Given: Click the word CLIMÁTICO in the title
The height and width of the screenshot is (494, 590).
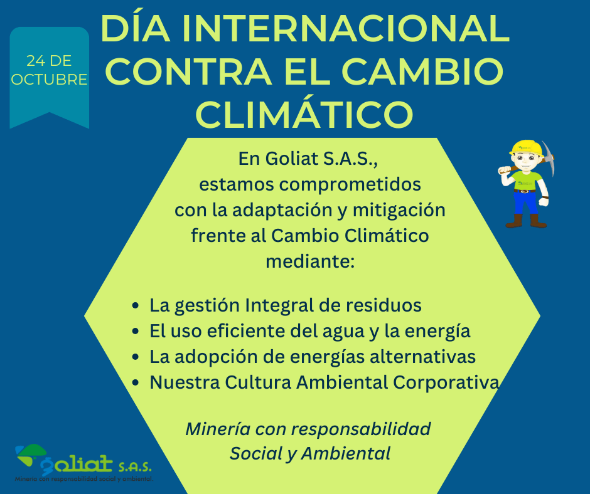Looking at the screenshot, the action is pyautogui.click(x=304, y=114).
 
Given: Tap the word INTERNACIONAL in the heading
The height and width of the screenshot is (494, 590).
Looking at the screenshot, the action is pyautogui.click(x=345, y=29).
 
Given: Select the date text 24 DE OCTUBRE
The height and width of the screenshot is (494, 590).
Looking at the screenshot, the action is pyautogui.click(x=50, y=70).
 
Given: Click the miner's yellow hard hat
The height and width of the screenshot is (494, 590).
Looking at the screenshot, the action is pyautogui.click(x=526, y=147).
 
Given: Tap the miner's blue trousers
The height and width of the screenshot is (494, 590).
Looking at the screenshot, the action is pyautogui.click(x=525, y=203).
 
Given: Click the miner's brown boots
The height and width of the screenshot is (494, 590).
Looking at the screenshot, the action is pyautogui.click(x=526, y=221).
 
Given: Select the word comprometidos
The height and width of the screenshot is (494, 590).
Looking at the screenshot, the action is pyautogui.click(x=350, y=184).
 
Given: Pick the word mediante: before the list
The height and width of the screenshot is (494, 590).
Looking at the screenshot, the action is pyautogui.click(x=310, y=261).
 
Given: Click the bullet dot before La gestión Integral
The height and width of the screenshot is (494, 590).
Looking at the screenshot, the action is pyautogui.click(x=136, y=306).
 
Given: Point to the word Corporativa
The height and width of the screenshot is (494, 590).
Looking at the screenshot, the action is pyautogui.click(x=446, y=382).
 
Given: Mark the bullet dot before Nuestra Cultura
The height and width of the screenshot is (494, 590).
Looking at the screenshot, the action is pyautogui.click(x=136, y=383).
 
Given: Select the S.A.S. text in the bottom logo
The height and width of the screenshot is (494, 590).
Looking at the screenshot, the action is pyautogui.click(x=135, y=466).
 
